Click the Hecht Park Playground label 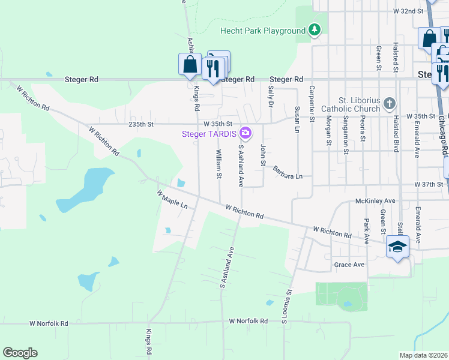263,31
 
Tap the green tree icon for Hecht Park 314,30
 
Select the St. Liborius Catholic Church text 351,104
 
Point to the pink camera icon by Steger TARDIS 245,132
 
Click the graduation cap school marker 397,247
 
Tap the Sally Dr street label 271,96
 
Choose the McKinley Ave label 375,201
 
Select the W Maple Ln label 172,200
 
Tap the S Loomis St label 286,307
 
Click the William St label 219,164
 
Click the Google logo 20,353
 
